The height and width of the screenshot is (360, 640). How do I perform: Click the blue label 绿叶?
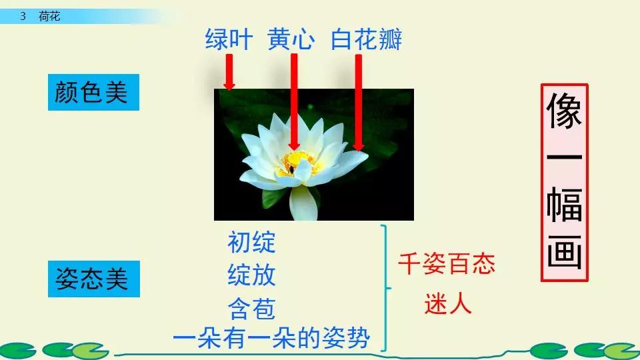[229, 40]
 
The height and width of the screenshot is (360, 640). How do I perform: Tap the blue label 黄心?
[291, 40]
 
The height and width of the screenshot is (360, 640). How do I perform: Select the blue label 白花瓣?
[366, 40]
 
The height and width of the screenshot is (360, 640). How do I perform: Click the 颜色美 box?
[93, 93]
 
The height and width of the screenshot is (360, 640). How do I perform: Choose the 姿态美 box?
[93, 279]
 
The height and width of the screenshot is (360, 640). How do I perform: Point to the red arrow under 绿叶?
[229, 72]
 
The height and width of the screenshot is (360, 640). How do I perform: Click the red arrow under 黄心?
[293, 100]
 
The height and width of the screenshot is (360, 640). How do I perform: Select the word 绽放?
[251, 275]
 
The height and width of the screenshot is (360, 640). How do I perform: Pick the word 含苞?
[251, 308]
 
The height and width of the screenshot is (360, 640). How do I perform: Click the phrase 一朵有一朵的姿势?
[280, 338]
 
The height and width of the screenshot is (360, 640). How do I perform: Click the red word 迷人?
[448, 305]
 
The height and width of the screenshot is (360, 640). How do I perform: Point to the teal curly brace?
[386, 287]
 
